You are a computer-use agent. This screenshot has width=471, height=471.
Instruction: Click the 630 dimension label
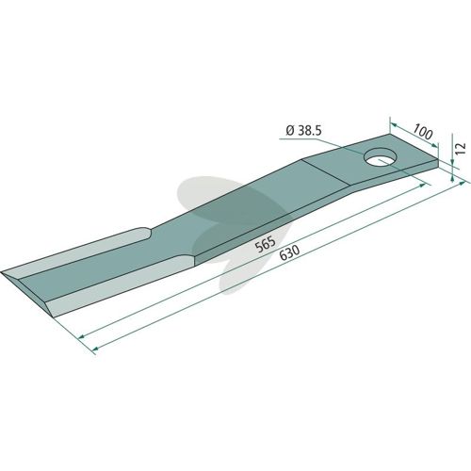pyautogui.click(x=289, y=252)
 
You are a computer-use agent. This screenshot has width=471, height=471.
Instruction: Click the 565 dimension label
pyautogui.click(x=266, y=244)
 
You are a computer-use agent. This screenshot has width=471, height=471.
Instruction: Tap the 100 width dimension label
pyautogui.click(x=422, y=132)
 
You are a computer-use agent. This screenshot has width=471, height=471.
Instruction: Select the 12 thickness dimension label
pyautogui.click(x=461, y=148)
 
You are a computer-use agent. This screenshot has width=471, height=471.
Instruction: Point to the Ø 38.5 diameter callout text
pyautogui.click(x=304, y=131)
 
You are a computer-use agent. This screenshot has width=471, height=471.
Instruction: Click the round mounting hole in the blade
pyautogui.click(x=380, y=157)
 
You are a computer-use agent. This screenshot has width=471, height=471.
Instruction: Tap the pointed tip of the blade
pyautogui.click(x=2, y=272)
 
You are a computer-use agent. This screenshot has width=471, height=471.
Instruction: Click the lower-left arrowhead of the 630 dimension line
pyautogui.click(x=95, y=349)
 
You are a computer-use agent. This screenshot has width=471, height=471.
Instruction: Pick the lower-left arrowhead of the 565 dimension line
pyautogui.click(x=82, y=337)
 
